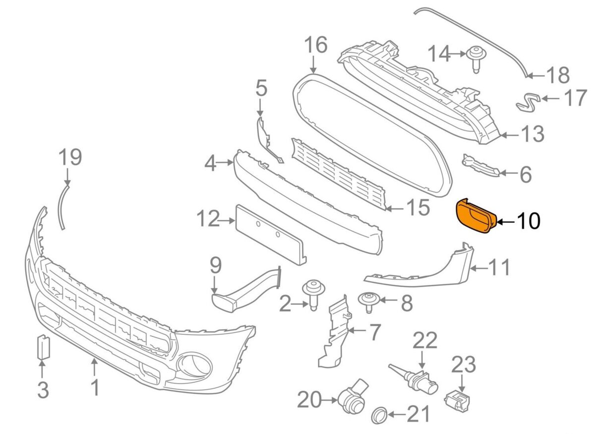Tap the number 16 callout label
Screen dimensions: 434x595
click(316, 46)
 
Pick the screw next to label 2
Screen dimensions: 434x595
click(312, 295)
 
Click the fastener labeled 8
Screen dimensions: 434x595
click(369, 301)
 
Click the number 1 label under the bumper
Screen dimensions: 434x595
click(94, 387)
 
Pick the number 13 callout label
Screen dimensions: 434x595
click(532, 134)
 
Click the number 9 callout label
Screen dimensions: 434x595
click(215, 266)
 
